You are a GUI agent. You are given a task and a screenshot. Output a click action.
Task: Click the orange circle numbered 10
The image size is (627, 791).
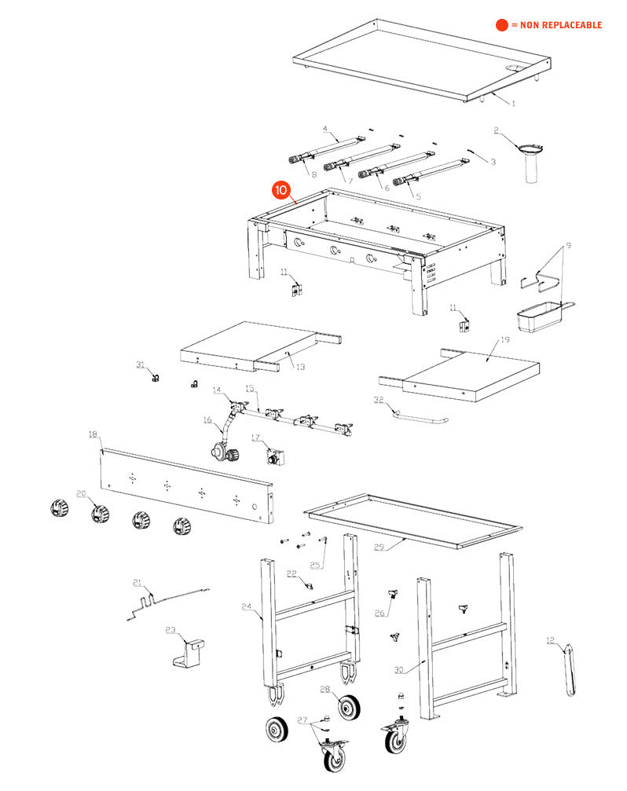pos(280,191)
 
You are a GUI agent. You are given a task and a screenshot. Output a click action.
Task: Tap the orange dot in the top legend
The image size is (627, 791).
pos(502,25)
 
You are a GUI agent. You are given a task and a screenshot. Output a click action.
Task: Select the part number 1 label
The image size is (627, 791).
pos(514,104)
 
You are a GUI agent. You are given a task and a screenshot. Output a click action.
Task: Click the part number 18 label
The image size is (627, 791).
pos(93,434)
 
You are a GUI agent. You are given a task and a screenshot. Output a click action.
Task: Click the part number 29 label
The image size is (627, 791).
pos(379,547)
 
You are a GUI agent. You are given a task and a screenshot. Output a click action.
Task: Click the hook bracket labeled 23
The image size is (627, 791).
pos(189,653)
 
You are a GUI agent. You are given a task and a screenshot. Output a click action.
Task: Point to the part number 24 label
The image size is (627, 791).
pos(246,606)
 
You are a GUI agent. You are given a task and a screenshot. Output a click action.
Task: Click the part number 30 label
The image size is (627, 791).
pos(399,670)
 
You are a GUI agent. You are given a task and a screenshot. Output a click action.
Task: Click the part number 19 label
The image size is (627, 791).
pos(504,340)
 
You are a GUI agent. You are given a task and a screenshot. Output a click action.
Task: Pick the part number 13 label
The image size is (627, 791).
pos(299,365)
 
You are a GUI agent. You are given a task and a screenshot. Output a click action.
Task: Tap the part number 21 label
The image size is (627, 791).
pos(137,583)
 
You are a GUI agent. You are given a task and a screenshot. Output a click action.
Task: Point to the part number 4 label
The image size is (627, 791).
pos(324,128)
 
